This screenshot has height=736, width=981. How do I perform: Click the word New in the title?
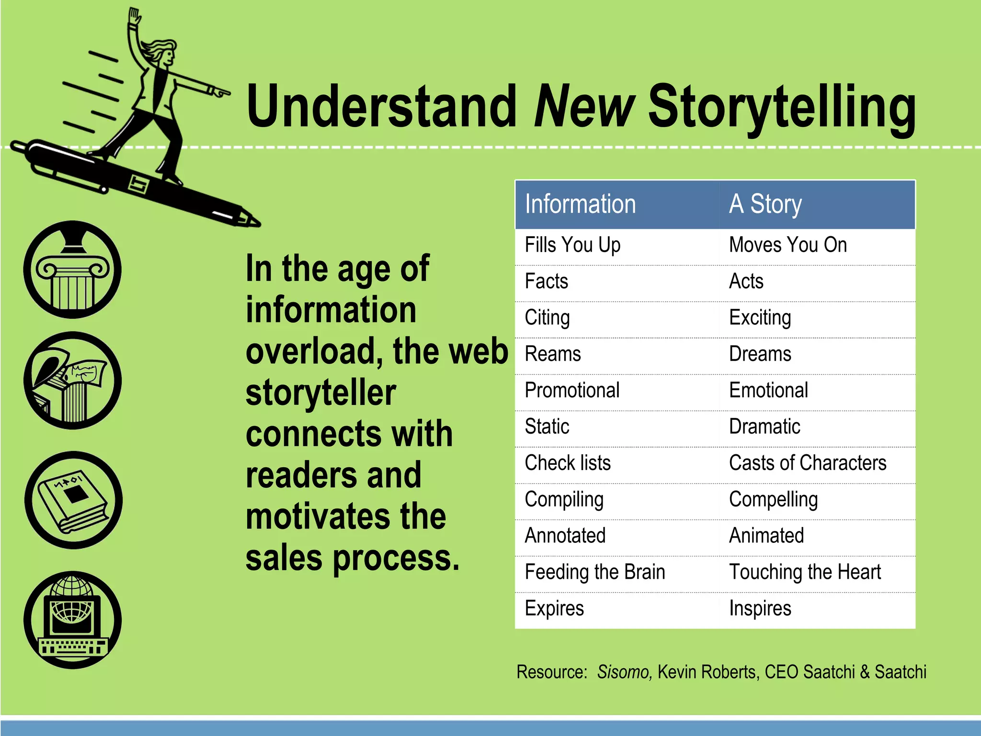pyautogui.click(x=584, y=106)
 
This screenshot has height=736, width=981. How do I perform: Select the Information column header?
pyautogui.click(x=580, y=204)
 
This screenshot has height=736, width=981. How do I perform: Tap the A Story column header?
pyautogui.click(x=765, y=204)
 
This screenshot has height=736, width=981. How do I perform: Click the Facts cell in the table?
pyautogui.click(x=546, y=281)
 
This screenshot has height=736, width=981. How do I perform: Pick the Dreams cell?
pyautogui.click(x=760, y=354)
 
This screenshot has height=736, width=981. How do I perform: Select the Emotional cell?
pyautogui.click(x=768, y=391)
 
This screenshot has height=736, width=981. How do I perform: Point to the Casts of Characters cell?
pyautogui.click(x=807, y=463)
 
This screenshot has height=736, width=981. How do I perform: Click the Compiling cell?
pyautogui.click(x=564, y=500)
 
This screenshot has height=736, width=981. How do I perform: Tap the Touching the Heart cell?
pyautogui.click(x=805, y=572)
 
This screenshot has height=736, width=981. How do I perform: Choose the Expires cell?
pyautogui.click(x=554, y=609)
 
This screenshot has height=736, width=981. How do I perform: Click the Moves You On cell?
pyautogui.click(x=787, y=245)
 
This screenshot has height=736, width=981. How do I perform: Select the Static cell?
pyautogui.click(x=547, y=427)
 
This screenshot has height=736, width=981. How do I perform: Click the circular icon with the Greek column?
pyautogui.click(x=72, y=270)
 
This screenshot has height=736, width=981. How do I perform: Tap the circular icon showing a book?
pyautogui.click(x=73, y=500)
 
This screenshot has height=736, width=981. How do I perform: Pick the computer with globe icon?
pyautogui.click(x=72, y=620)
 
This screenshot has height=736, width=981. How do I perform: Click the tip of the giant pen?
pyautogui.click(x=256, y=223)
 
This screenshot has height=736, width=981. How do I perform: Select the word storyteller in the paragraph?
pyautogui.click(x=320, y=393)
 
